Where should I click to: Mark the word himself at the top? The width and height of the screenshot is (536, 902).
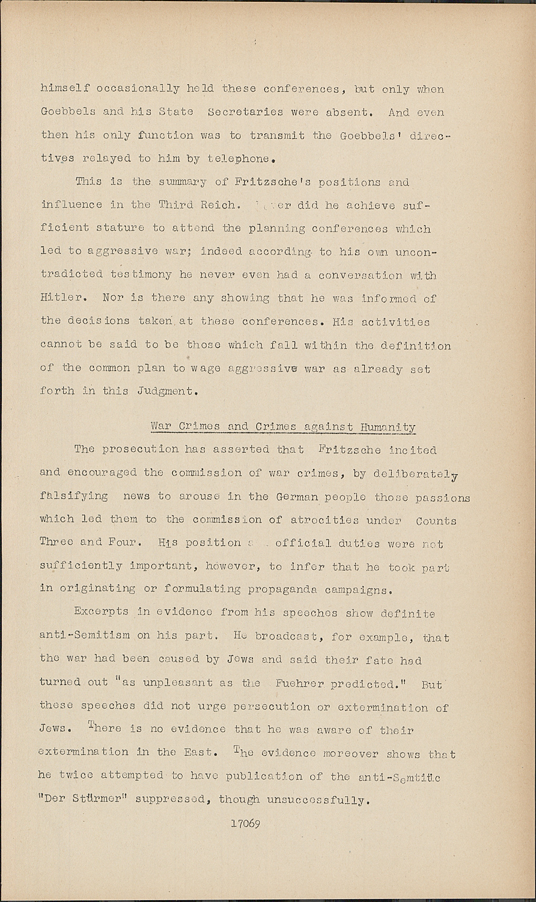65,89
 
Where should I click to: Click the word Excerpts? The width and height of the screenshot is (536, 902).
101,612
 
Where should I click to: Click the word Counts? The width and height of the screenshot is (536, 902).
436,521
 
